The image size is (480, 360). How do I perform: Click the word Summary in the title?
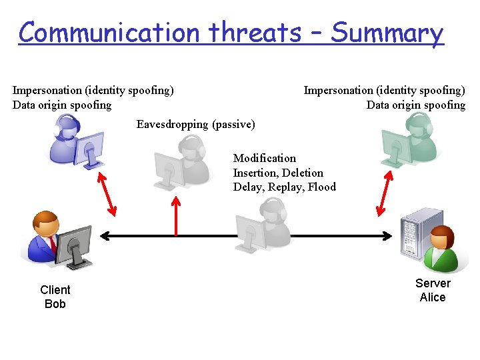coord(387,32)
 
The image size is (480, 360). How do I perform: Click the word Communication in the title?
coord(109,32)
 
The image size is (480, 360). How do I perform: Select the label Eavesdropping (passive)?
coord(195,124)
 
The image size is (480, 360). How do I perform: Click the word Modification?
coord(264,158)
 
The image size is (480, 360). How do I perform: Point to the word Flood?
coord(322,187)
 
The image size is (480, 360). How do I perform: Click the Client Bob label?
coord(55,297)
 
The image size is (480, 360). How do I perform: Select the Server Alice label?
coord(433,290)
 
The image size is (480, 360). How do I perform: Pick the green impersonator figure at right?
coord(406,140)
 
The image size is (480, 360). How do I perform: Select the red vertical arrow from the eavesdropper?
coord(176,215)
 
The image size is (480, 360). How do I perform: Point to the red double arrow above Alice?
coord(385,193)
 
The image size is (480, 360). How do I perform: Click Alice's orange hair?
coord(441,233)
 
